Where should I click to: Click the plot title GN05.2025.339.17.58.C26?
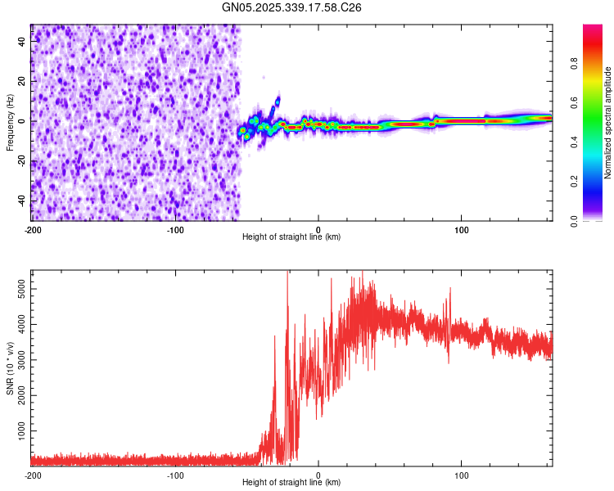point(292,7)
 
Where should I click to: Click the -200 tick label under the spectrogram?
point(32,228)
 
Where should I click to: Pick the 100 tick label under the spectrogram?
point(461,228)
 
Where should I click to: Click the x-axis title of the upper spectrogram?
point(291,236)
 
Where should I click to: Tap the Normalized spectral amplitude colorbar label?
point(608,123)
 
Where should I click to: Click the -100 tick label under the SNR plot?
point(175,474)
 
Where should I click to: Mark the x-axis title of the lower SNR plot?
point(291,482)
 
